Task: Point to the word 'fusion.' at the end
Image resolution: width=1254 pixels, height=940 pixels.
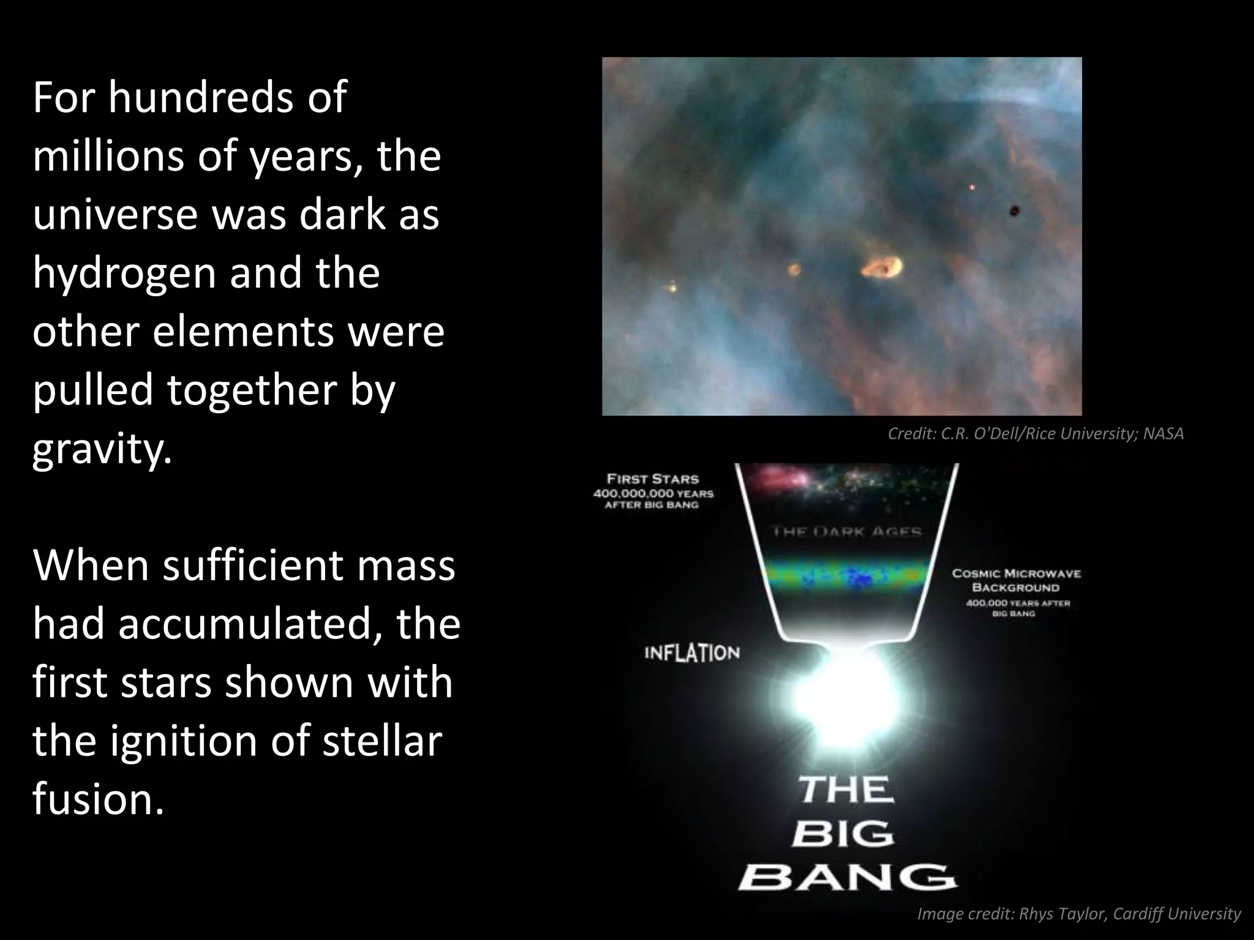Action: (x=98, y=799)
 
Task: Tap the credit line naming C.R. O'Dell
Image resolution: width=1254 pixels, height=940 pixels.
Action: (x=1035, y=434)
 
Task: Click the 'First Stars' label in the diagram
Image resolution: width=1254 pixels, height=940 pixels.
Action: (x=653, y=479)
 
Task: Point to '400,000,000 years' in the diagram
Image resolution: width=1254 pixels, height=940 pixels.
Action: (x=653, y=493)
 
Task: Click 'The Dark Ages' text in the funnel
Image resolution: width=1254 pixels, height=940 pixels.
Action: (x=847, y=532)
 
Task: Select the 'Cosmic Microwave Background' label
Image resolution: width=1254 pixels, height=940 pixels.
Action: (x=1016, y=581)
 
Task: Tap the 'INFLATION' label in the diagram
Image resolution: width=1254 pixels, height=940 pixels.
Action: (x=692, y=654)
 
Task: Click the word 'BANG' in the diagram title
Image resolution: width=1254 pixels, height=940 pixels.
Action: (x=847, y=878)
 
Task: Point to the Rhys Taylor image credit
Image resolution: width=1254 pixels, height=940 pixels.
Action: (x=1078, y=914)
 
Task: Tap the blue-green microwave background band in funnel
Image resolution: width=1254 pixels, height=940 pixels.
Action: (x=845, y=576)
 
